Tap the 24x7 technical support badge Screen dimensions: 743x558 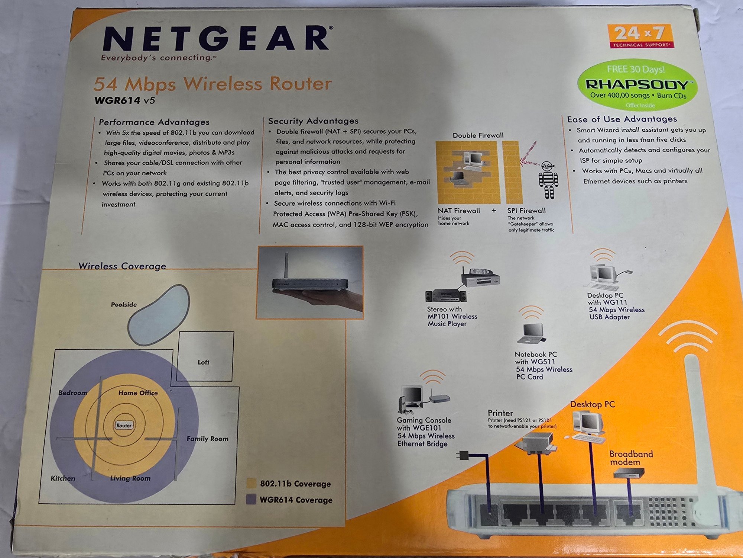pyautogui.click(x=641, y=36)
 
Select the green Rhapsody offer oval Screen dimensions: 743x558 pyautogui.click(x=637, y=85)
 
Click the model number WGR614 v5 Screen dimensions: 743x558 pyautogui.click(x=124, y=100)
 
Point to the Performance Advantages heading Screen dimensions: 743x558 pyautogui.click(x=154, y=122)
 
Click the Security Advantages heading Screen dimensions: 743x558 pyautogui.click(x=313, y=121)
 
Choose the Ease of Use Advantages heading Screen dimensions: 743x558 pyautogui.click(x=622, y=119)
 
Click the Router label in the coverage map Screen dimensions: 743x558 pyautogui.click(x=124, y=425)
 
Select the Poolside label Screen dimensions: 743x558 pyautogui.click(x=124, y=304)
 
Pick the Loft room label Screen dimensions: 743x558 pyautogui.click(x=203, y=362)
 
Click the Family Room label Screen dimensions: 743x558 pyautogui.click(x=207, y=439)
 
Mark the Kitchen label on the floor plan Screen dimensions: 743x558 pyautogui.click(x=63, y=478)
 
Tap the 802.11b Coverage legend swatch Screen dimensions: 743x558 pyautogui.click(x=251, y=483)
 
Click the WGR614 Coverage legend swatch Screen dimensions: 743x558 pyautogui.click(x=251, y=499)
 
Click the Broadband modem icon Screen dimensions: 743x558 pyautogui.click(x=629, y=473)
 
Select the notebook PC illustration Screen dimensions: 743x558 pyautogui.click(x=531, y=333)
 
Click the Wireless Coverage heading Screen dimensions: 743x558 pyautogui.click(x=122, y=266)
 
